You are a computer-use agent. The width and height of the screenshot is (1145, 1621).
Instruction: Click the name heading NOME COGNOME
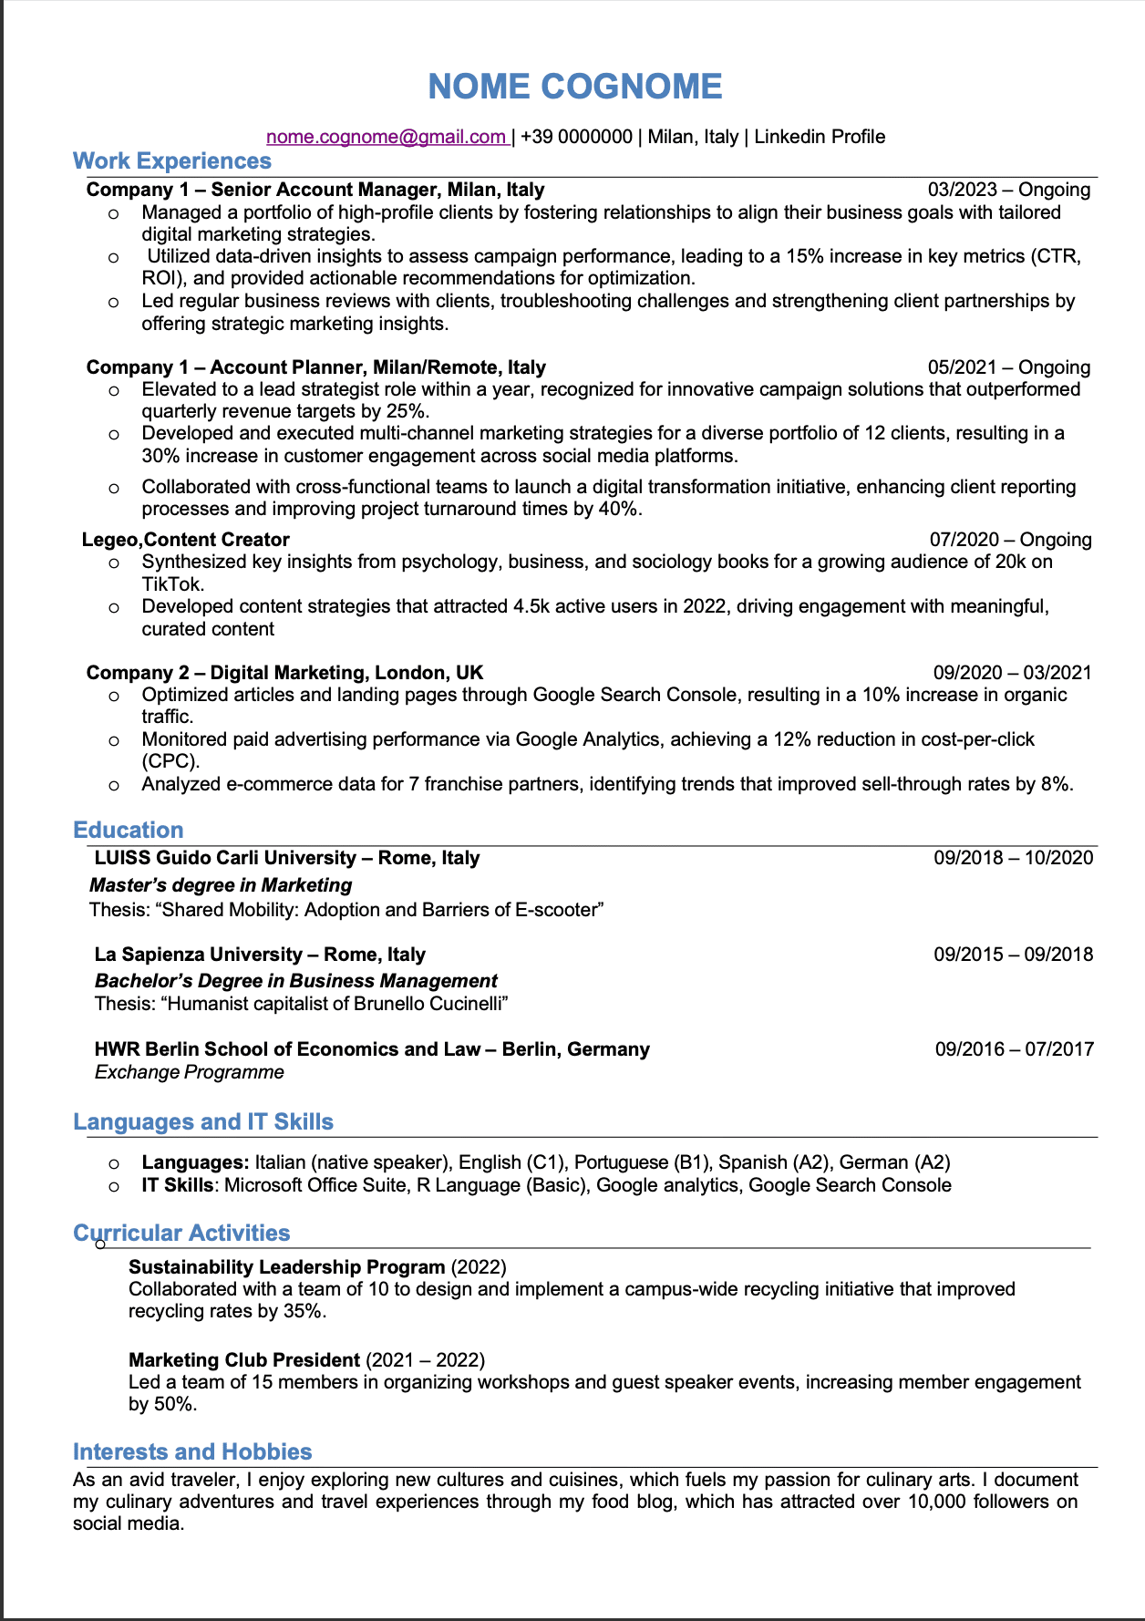[x=574, y=87]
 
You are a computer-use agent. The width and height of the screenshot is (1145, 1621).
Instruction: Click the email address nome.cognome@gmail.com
[x=386, y=137]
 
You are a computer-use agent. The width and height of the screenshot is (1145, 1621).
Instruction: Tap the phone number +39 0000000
[x=576, y=137]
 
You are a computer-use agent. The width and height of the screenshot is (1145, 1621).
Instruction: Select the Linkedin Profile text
[x=820, y=137]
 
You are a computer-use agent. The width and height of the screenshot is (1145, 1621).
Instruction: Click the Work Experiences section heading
[x=172, y=161]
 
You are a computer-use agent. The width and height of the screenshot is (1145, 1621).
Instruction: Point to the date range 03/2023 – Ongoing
[x=1009, y=190]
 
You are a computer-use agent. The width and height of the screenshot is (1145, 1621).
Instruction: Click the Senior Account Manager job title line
[x=315, y=190]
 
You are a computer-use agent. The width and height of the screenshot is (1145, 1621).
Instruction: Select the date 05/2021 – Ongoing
[x=1009, y=367]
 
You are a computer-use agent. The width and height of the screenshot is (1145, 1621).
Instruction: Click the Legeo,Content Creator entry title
[x=186, y=540]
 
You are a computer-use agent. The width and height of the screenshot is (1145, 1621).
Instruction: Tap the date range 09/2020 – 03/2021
[x=1012, y=673]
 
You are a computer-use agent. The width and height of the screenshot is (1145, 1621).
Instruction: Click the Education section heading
[x=129, y=831]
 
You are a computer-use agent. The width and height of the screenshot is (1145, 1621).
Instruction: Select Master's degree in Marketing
[x=221, y=885]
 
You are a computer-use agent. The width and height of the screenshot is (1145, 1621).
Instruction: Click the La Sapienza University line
[x=260, y=955]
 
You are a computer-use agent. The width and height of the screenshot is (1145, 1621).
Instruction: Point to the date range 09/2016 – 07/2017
[x=1014, y=1049]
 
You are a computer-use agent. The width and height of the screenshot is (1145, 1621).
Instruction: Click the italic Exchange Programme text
[x=190, y=1072]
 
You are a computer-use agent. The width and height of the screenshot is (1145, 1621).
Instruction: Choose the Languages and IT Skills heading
[x=203, y=1122]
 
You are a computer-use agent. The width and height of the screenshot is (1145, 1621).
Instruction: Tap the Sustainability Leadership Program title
[x=287, y=1267]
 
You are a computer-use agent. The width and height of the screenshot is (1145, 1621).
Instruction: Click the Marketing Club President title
[x=244, y=1360]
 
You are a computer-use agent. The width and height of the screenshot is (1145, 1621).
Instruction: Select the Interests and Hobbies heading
[x=192, y=1452]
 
